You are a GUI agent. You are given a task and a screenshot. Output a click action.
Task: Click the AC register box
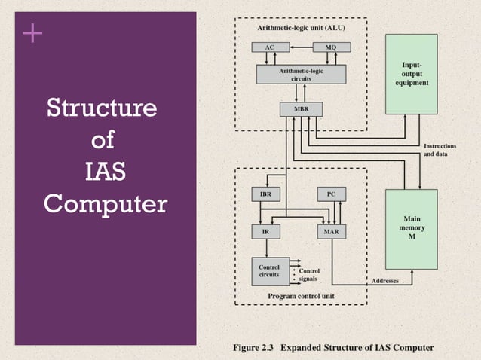tap(269, 47)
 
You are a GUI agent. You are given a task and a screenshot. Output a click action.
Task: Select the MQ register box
tap(331, 47)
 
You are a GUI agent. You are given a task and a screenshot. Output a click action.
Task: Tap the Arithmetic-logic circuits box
tap(301, 74)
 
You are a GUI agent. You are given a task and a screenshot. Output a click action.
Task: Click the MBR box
tap(301, 109)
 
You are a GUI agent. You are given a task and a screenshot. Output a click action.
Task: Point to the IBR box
tap(265, 194)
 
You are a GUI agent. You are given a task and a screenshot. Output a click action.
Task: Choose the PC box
tap(331, 194)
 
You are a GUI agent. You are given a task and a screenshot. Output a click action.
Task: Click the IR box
tap(265, 232)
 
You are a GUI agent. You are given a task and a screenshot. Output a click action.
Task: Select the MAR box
tap(331, 232)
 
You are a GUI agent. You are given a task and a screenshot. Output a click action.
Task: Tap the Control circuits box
tap(269, 271)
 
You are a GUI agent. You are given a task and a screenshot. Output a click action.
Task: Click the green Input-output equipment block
tap(412, 74)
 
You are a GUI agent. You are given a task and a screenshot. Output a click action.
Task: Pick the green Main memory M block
tap(412, 227)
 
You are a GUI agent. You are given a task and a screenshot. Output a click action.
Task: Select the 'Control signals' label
tap(310, 275)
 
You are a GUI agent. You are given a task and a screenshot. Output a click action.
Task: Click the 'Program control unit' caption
tap(302, 297)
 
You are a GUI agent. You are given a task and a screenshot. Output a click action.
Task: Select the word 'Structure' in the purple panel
tap(103, 109)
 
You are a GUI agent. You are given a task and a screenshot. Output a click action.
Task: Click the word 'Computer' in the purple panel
tap(105, 204)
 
